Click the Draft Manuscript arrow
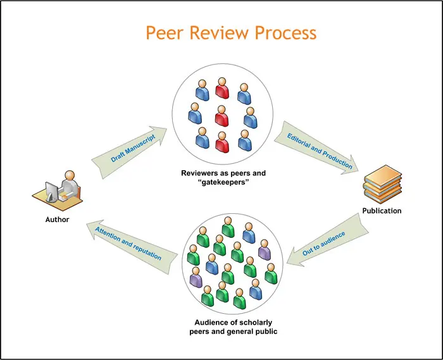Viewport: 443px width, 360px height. pos(130,149)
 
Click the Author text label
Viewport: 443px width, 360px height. pos(57,220)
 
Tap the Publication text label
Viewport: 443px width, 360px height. pos(382,211)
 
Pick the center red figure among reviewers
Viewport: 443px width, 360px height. pos(221,116)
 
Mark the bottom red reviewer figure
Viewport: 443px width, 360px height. pos(221,142)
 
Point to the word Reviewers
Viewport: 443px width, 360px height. pos(201,172)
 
